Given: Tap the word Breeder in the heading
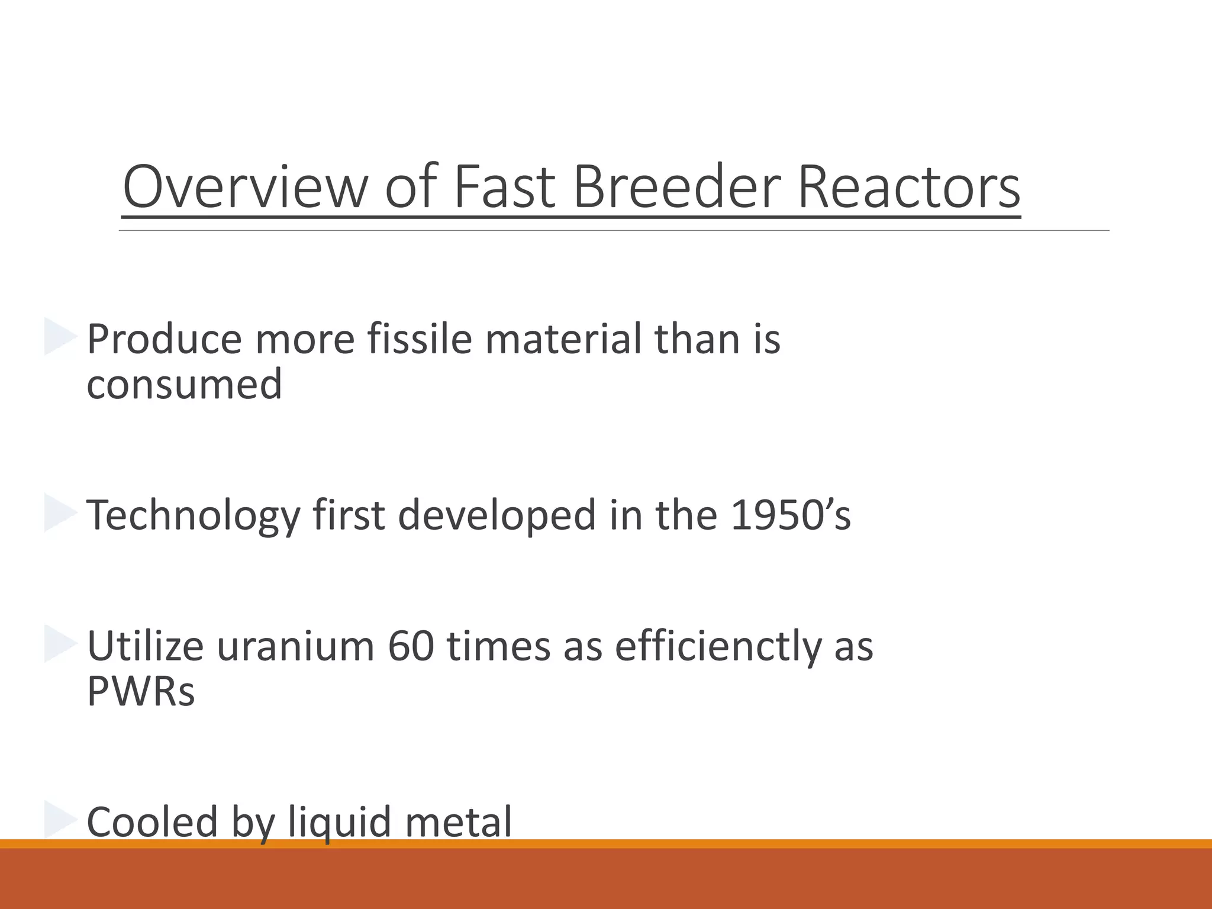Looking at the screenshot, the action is tap(676, 186).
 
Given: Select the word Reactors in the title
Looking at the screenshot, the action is tap(908, 186).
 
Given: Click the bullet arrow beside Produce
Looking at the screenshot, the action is tap(60, 337).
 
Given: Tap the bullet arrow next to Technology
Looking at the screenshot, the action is tap(60, 513).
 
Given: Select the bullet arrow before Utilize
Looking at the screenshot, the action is tap(60, 644).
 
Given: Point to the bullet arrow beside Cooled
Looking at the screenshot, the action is tap(60, 820).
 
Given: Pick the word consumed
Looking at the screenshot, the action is tap(184, 385).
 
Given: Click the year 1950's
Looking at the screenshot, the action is tap(791, 514).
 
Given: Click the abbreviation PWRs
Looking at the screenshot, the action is tap(140, 691).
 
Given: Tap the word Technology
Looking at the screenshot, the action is tap(194, 515).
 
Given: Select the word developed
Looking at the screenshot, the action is tap(497, 515).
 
